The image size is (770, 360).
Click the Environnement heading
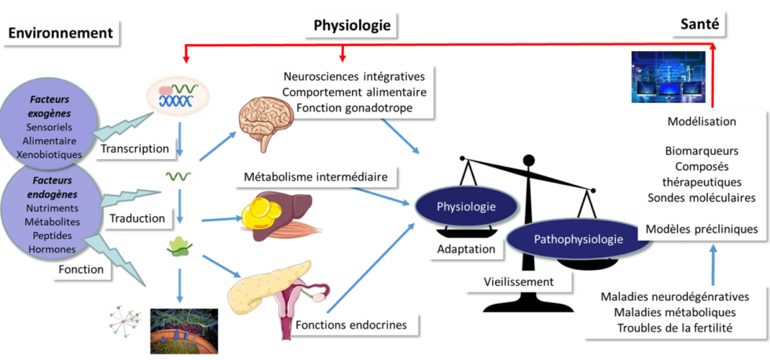61,33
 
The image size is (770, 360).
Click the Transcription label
134,148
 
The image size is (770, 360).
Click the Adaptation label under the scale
467,248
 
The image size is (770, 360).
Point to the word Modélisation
701,122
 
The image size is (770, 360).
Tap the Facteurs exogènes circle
53,126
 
